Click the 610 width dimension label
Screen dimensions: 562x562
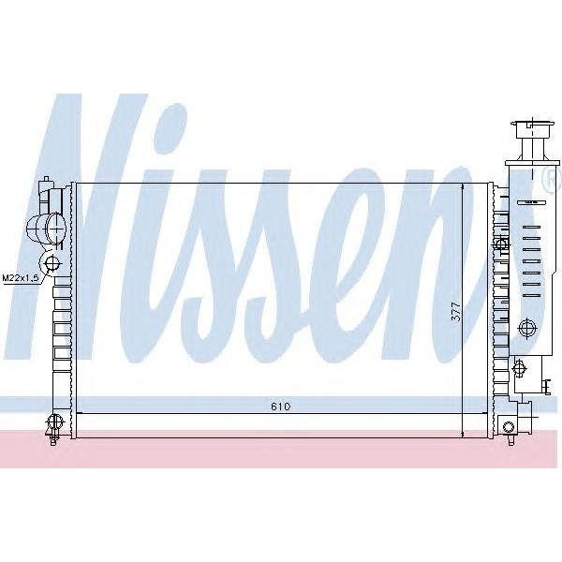[281, 406]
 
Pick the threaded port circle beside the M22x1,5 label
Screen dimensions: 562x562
[52, 263]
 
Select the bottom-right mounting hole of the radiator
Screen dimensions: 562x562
[509, 428]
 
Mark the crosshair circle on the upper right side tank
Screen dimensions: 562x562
[500, 244]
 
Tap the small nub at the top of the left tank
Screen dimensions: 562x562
[45, 181]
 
